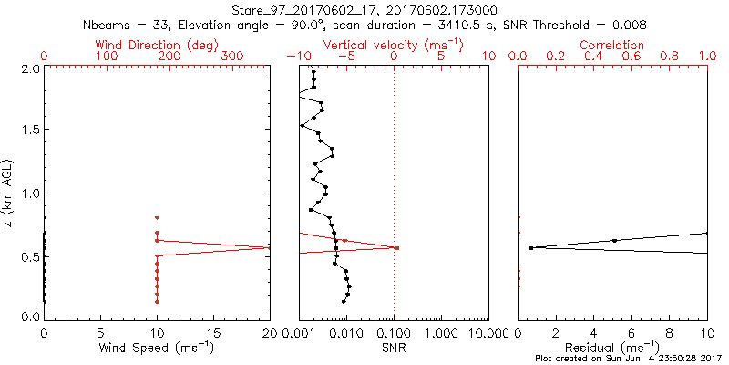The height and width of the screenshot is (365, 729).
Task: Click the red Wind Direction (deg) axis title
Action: [x=157, y=45]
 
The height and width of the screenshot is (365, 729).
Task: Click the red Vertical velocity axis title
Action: [x=394, y=45]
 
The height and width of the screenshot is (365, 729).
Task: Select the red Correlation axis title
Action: [x=612, y=45]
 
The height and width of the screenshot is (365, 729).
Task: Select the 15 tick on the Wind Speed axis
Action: [x=213, y=333]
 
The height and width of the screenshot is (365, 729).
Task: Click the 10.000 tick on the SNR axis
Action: [x=488, y=333]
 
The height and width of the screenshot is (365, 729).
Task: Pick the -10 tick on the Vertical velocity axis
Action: [x=294, y=57]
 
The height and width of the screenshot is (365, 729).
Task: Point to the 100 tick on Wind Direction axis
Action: [x=107, y=57]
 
